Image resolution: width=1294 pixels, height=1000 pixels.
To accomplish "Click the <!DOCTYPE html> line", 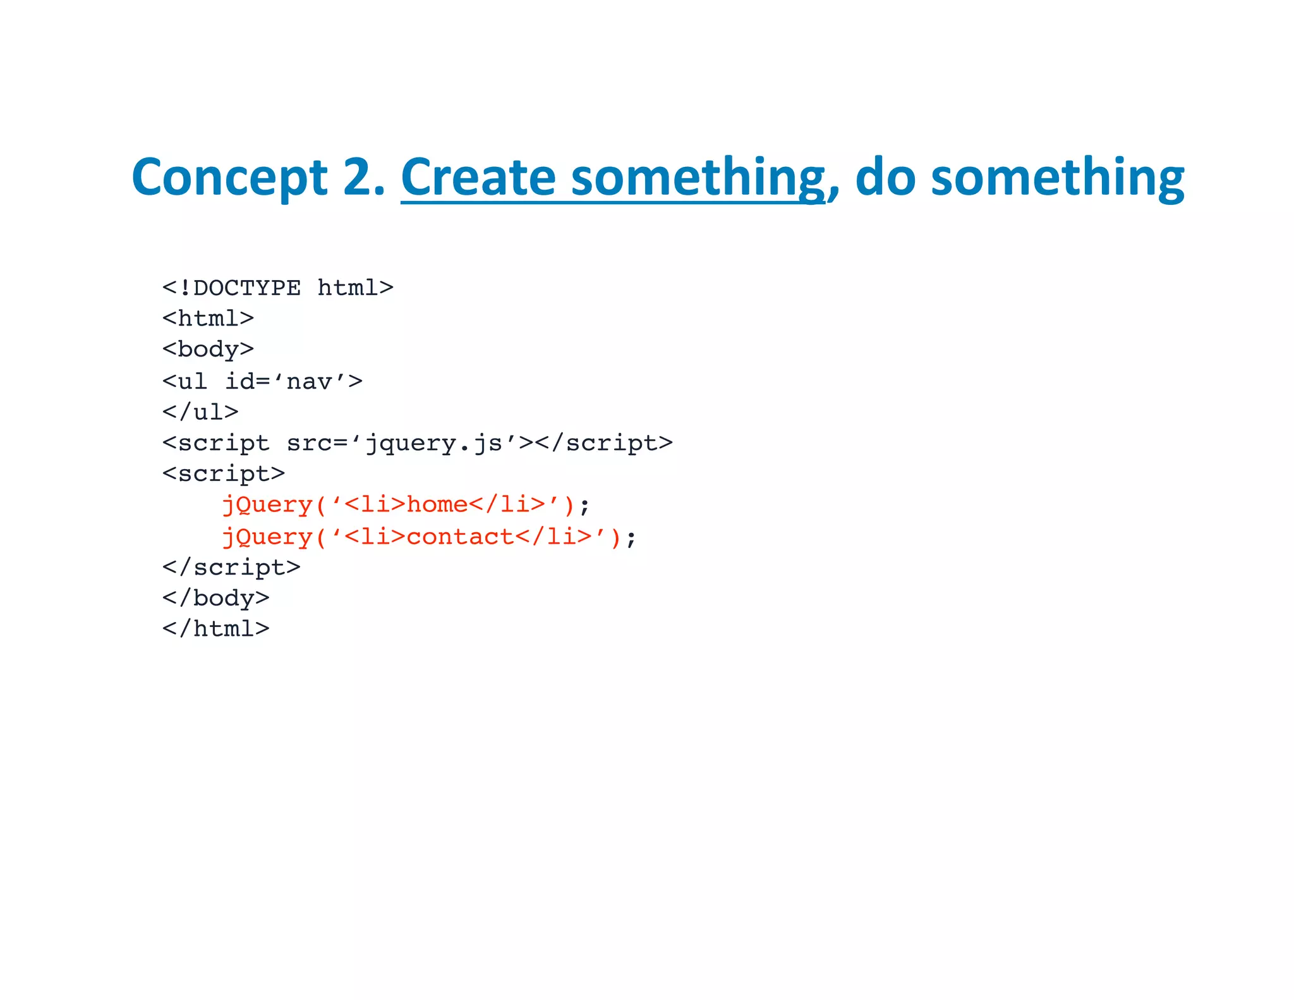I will (278, 288).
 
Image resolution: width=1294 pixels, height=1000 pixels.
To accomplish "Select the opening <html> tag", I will (208, 318).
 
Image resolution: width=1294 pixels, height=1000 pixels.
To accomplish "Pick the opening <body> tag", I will (208, 350).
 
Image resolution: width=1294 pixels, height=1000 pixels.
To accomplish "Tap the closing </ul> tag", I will (200, 412).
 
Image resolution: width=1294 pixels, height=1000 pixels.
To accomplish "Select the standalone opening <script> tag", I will (224, 473).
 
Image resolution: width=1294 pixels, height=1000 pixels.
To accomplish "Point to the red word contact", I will (460, 537).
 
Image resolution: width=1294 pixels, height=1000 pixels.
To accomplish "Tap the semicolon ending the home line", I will (584, 506).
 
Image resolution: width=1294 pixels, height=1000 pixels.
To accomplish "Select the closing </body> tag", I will (216, 598).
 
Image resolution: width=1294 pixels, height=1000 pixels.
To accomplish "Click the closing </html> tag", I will (216, 628).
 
